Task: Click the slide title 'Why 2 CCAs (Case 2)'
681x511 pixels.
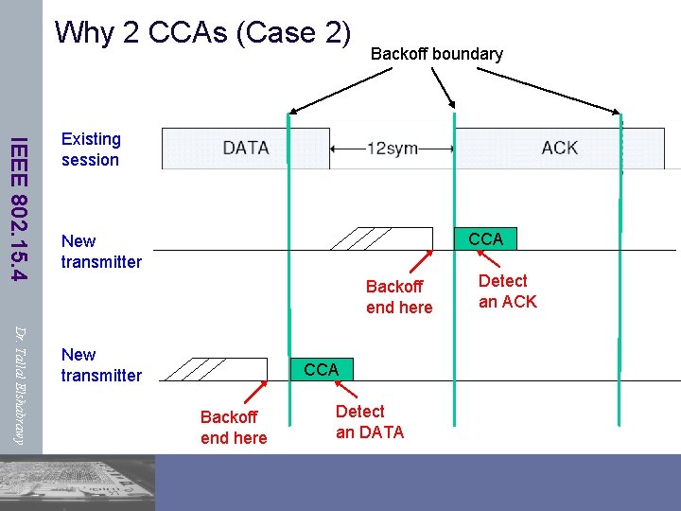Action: [x=202, y=32]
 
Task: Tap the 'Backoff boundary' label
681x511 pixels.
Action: [x=436, y=54]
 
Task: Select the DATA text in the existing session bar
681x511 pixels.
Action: [x=246, y=148]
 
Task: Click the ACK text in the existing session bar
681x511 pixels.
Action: [x=559, y=148]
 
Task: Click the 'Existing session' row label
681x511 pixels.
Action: [x=91, y=150]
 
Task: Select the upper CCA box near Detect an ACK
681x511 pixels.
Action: [x=485, y=238]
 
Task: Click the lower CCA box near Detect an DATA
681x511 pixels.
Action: [x=321, y=369]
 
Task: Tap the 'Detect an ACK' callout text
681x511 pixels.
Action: [x=507, y=291]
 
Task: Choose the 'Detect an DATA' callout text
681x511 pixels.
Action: [x=369, y=422]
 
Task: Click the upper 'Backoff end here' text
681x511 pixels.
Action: [x=399, y=297]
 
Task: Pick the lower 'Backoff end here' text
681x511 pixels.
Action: [x=234, y=428]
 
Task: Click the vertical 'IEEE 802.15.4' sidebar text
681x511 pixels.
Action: [x=19, y=208]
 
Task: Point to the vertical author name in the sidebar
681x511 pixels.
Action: [x=19, y=383]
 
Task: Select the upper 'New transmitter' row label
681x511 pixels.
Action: [x=101, y=252]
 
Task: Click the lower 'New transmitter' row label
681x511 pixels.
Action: [x=101, y=365]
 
